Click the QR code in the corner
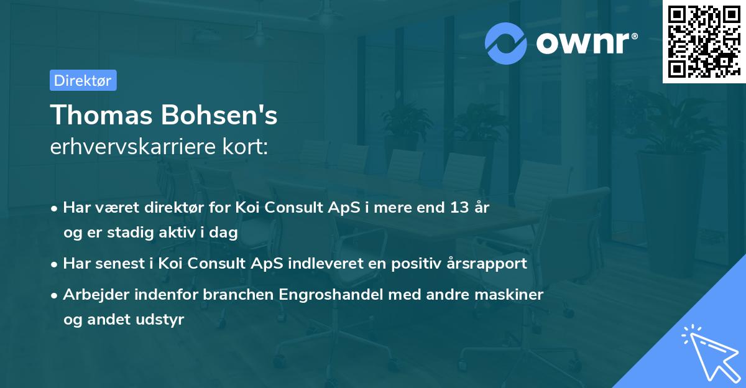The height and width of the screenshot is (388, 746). click(704, 42)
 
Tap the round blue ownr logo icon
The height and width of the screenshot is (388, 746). click(505, 43)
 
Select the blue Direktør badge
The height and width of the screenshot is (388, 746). click(83, 80)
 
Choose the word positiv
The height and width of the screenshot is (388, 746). click(411, 263)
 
